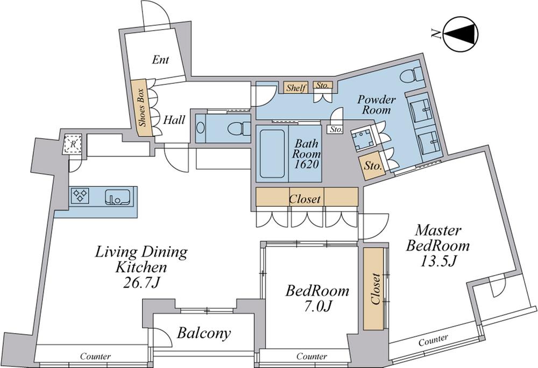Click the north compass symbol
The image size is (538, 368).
pyautogui.click(x=461, y=34)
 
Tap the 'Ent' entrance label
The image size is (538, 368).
pyautogui.click(x=160, y=60)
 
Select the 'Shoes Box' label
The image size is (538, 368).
pyautogui.click(x=143, y=108)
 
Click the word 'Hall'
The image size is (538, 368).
pyautogui.click(x=174, y=120)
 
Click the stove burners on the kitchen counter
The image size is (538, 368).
pyautogui.click(x=80, y=195)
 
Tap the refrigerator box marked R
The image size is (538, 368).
pyautogui.click(x=73, y=144)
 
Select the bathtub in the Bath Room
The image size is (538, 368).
pyautogui.click(x=272, y=153)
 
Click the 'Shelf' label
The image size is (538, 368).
pyautogui.click(x=296, y=88)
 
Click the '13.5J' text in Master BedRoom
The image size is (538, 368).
pyautogui.click(x=438, y=261)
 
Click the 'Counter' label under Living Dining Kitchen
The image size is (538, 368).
pyautogui.click(x=95, y=356)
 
